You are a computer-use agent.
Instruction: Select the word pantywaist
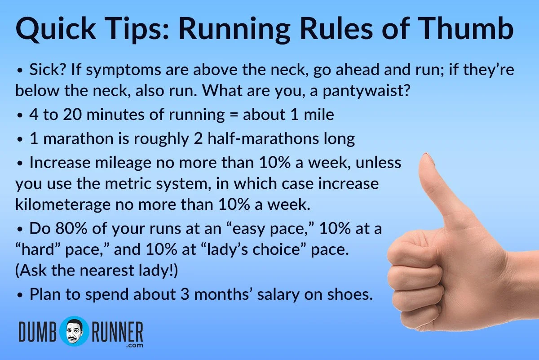tap(368, 90)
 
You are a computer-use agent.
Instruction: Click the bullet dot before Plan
tap(19, 296)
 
